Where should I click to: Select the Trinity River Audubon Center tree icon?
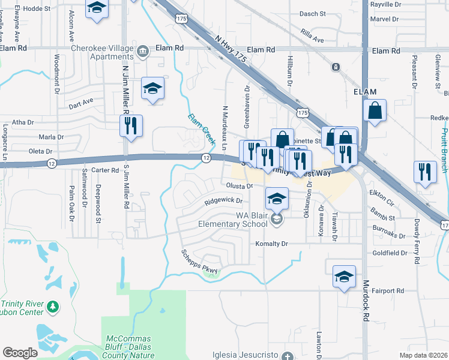point(53,307)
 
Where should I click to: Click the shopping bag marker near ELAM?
point(375,111)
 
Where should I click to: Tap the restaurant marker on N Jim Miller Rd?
point(130,126)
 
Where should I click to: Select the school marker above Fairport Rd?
point(343,277)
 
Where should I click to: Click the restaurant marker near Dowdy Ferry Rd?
point(425,172)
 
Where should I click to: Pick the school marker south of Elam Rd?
point(152,89)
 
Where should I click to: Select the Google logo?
point(20,352)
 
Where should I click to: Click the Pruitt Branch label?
point(444,144)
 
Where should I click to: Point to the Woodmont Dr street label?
point(57,74)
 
